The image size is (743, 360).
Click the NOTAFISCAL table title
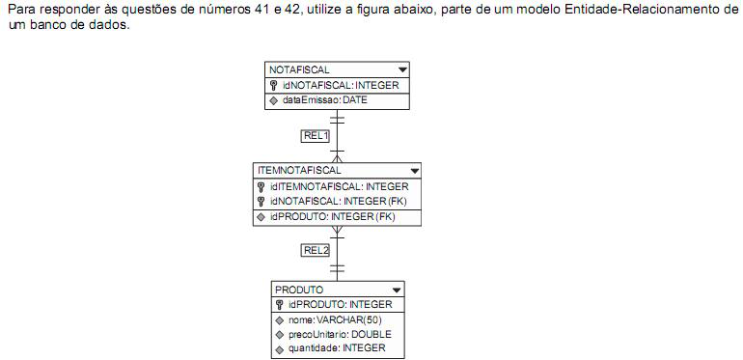pos(299,70)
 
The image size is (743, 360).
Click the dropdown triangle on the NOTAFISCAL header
pos(402,70)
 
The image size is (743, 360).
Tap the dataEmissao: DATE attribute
pos(326,100)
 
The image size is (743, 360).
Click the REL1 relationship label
pos(316,136)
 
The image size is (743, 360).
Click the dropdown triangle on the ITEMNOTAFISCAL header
pos(414,171)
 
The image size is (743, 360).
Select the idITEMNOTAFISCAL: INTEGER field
pos(339,186)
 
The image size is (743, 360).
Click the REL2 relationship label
pos(316,250)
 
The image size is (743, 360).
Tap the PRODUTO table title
pos(299,290)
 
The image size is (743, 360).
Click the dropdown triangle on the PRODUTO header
pos(396,290)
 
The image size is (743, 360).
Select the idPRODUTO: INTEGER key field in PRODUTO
pos(340,305)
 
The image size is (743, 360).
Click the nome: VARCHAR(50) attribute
pos(335,319)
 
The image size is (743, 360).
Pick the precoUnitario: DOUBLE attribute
pos(339,334)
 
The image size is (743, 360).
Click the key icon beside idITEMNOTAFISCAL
pos(261,186)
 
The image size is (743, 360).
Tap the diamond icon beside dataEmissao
pos(274,101)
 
